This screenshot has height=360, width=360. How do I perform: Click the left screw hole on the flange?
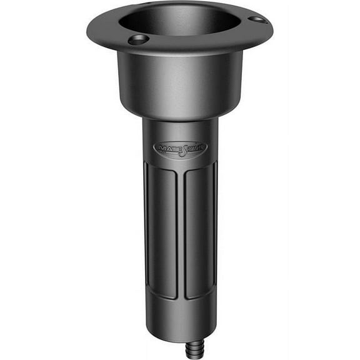click(x=138, y=39)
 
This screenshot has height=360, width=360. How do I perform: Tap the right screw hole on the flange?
click(x=256, y=19)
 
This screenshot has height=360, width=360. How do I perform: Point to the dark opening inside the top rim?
click(x=179, y=22)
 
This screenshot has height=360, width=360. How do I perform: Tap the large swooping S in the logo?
click(x=181, y=150)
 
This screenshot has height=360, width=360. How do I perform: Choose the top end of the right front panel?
click(x=199, y=170)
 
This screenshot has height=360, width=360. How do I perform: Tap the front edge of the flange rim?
click(x=181, y=51)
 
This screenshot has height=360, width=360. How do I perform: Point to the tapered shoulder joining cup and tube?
click(x=179, y=116)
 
